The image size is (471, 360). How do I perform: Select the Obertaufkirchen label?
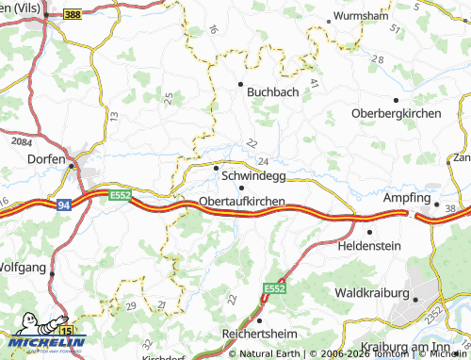[242, 202]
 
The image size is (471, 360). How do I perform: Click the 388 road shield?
[72, 15]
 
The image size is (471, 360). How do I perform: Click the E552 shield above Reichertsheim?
[273, 288]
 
